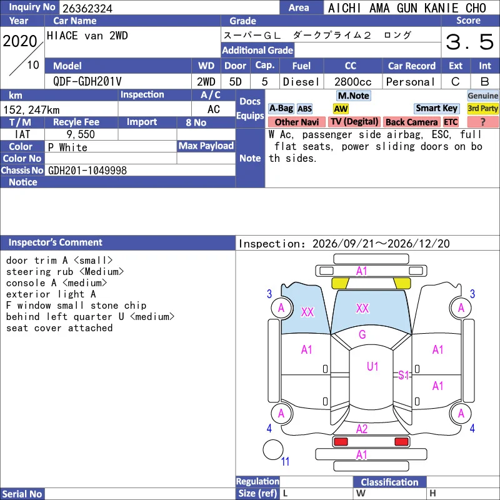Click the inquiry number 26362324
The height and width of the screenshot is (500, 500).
(x=87, y=8)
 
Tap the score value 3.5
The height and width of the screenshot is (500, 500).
(x=470, y=42)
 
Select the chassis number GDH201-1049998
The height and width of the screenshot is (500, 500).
(x=87, y=171)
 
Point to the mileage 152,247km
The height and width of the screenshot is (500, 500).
(x=31, y=110)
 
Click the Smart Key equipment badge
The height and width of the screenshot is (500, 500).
(x=436, y=108)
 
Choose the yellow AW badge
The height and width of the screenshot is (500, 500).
(x=341, y=109)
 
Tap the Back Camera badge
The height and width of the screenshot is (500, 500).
(x=411, y=122)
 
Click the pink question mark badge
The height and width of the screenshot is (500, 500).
(x=482, y=122)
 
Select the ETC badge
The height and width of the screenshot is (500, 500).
(x=451, y=122)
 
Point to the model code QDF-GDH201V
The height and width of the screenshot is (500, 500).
(x=87, y=82)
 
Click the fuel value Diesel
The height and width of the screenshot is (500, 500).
(x=301, y=82)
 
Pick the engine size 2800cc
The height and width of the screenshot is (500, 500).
(x=352, y=82)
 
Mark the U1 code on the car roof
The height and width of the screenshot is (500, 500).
(x=372, y=366)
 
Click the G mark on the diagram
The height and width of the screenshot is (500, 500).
(x=362, y=334)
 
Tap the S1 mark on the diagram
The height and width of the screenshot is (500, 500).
(x=403, y=375)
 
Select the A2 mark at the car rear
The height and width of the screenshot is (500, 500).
(x=362, y=429)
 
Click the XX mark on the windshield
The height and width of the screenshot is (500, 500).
(x=362, y=308)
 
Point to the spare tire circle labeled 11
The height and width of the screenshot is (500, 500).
(x=273, y=449)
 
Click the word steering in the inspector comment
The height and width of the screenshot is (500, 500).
(x=29, y=272)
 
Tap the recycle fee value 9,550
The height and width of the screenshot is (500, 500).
(x=81, y=134)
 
